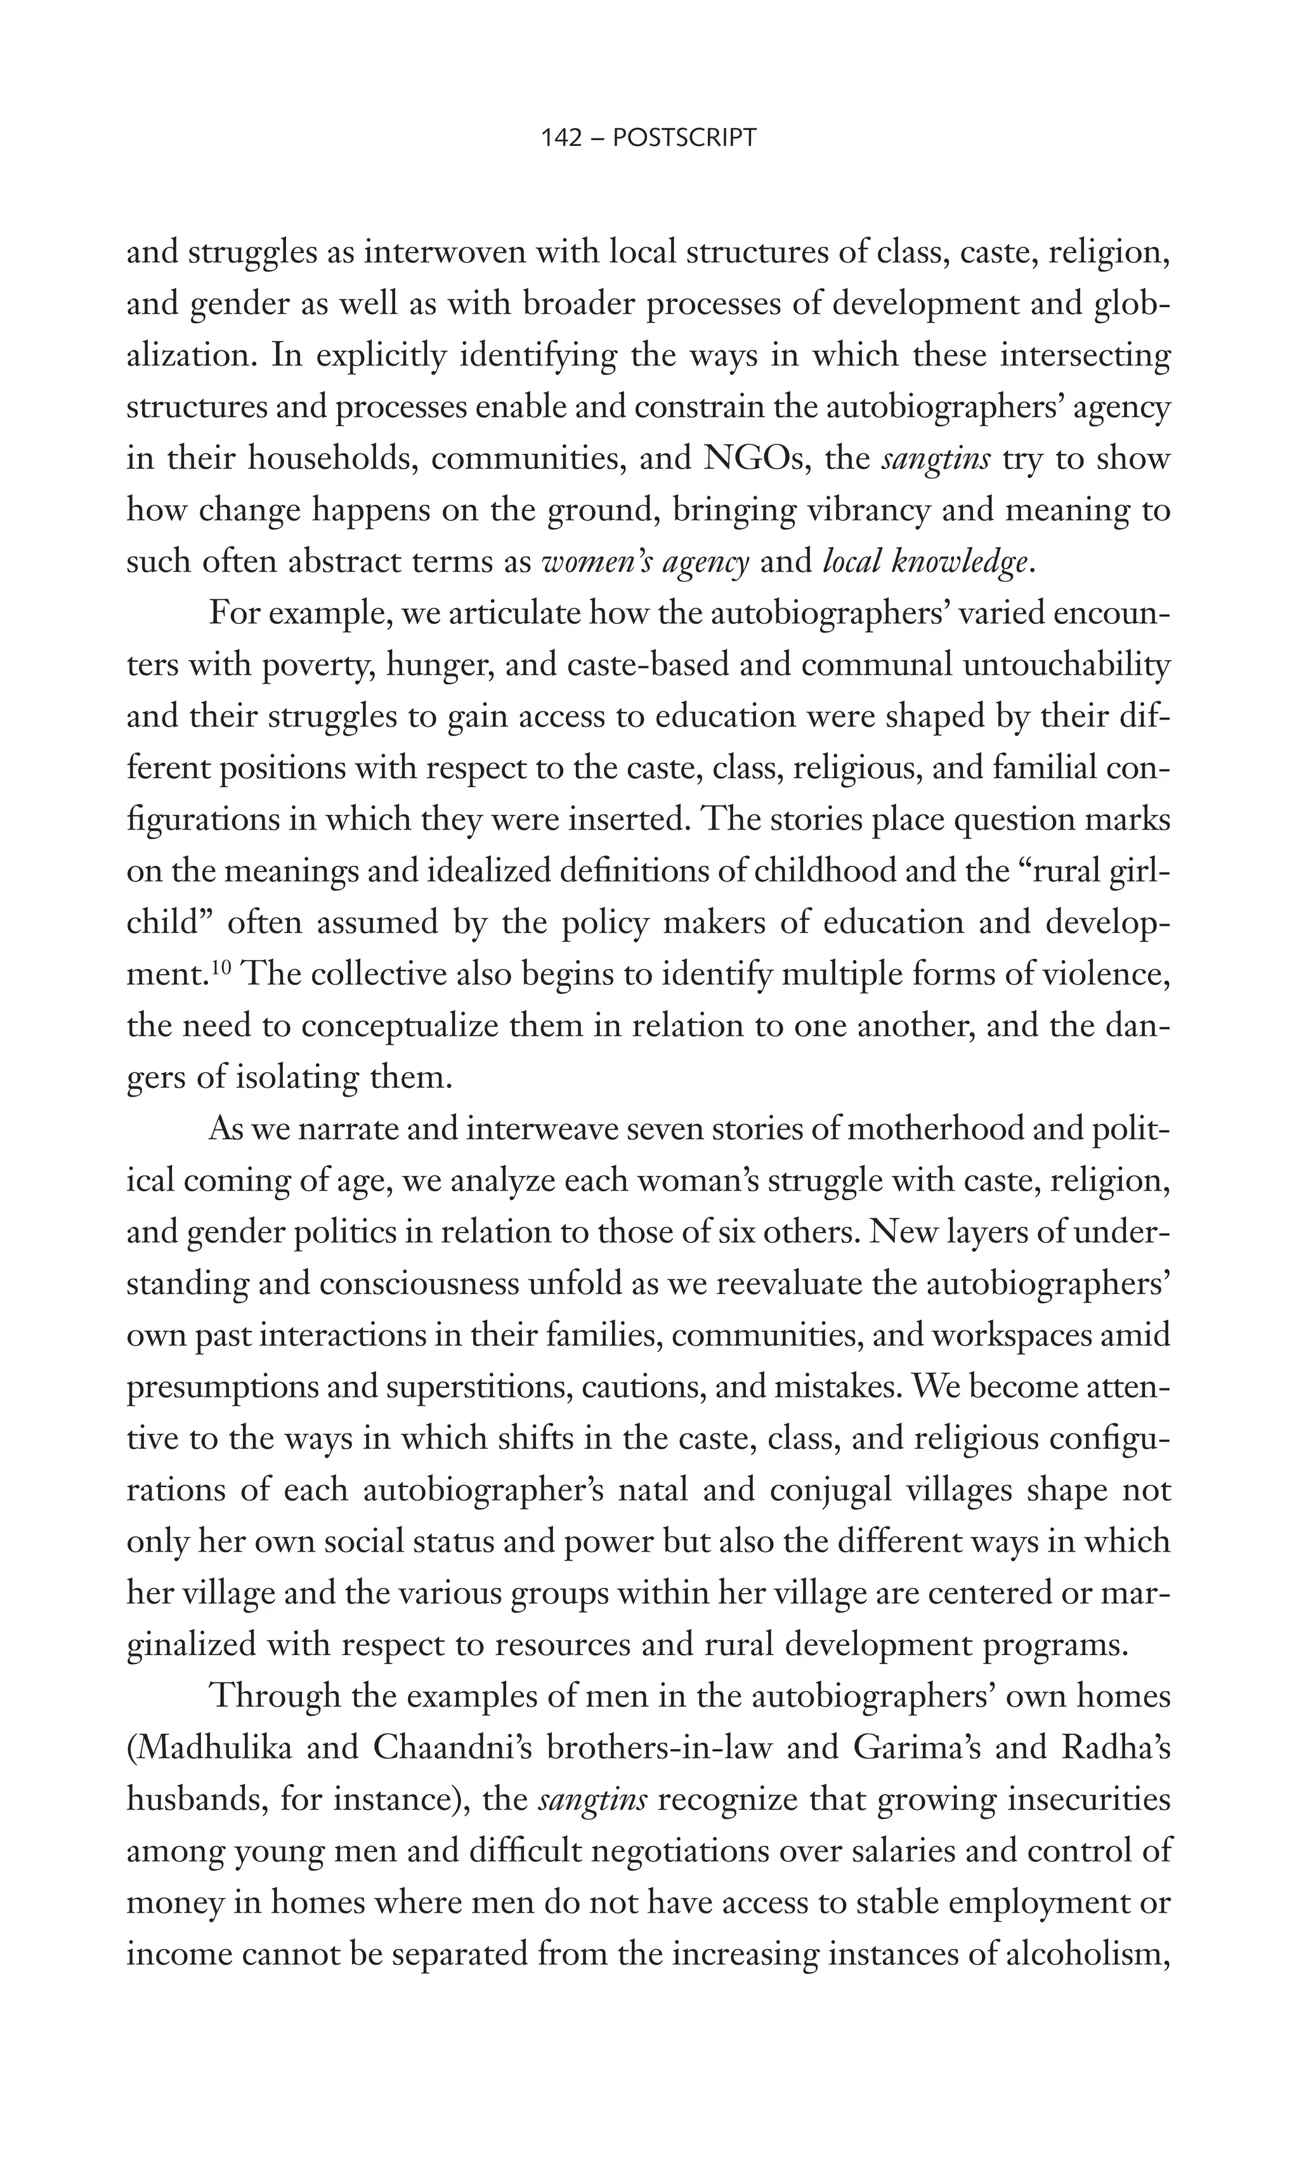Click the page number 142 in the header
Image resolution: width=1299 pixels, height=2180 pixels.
pos(562,138)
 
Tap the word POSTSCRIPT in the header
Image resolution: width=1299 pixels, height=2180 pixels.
pos(684,138)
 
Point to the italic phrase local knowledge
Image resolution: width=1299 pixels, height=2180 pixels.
pos(926,562)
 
